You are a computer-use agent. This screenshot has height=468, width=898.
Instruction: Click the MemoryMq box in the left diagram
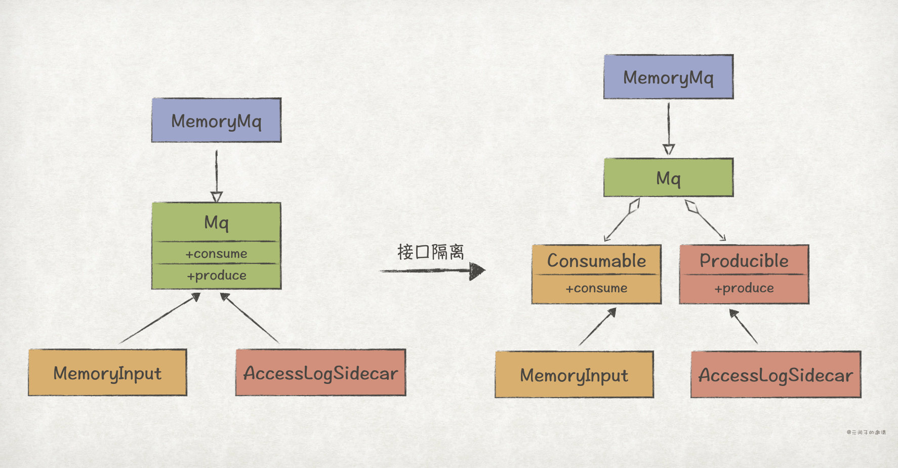point(216,121)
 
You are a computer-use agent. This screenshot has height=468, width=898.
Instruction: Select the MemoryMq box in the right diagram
point(668,77)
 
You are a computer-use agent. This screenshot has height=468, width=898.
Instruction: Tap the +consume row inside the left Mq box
point(216,253)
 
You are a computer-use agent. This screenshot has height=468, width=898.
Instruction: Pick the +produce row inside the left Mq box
point(216,276)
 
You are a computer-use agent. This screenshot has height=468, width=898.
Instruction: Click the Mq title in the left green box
point(216,222)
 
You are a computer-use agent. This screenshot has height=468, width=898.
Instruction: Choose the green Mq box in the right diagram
point(668,178)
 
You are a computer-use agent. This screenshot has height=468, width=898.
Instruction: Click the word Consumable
point(596,261)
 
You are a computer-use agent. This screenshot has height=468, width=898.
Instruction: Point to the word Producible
point(744,261)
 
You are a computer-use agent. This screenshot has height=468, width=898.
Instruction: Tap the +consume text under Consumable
point(596,288)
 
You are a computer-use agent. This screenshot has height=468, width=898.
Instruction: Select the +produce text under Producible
point(744,288)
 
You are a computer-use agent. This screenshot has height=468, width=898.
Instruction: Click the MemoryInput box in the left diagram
point(107,373)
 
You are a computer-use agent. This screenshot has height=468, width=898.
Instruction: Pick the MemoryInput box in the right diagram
point(574,375)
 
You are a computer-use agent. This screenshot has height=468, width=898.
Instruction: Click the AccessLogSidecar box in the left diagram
point(320,373)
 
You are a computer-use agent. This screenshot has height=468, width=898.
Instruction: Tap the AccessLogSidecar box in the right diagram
point(775,375)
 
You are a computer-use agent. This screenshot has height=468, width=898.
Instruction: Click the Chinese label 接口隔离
point(430,252)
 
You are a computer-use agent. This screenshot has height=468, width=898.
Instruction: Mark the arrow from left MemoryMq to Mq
point(216,175)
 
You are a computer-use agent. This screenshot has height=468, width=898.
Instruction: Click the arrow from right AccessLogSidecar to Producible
point(744,327)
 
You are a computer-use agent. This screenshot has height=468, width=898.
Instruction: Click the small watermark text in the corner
point(866,432)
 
